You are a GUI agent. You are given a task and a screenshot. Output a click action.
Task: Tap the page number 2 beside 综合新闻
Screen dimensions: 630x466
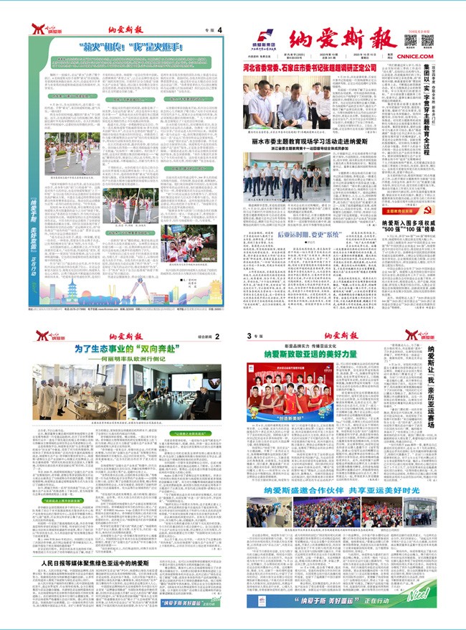(x=218, y=335)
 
